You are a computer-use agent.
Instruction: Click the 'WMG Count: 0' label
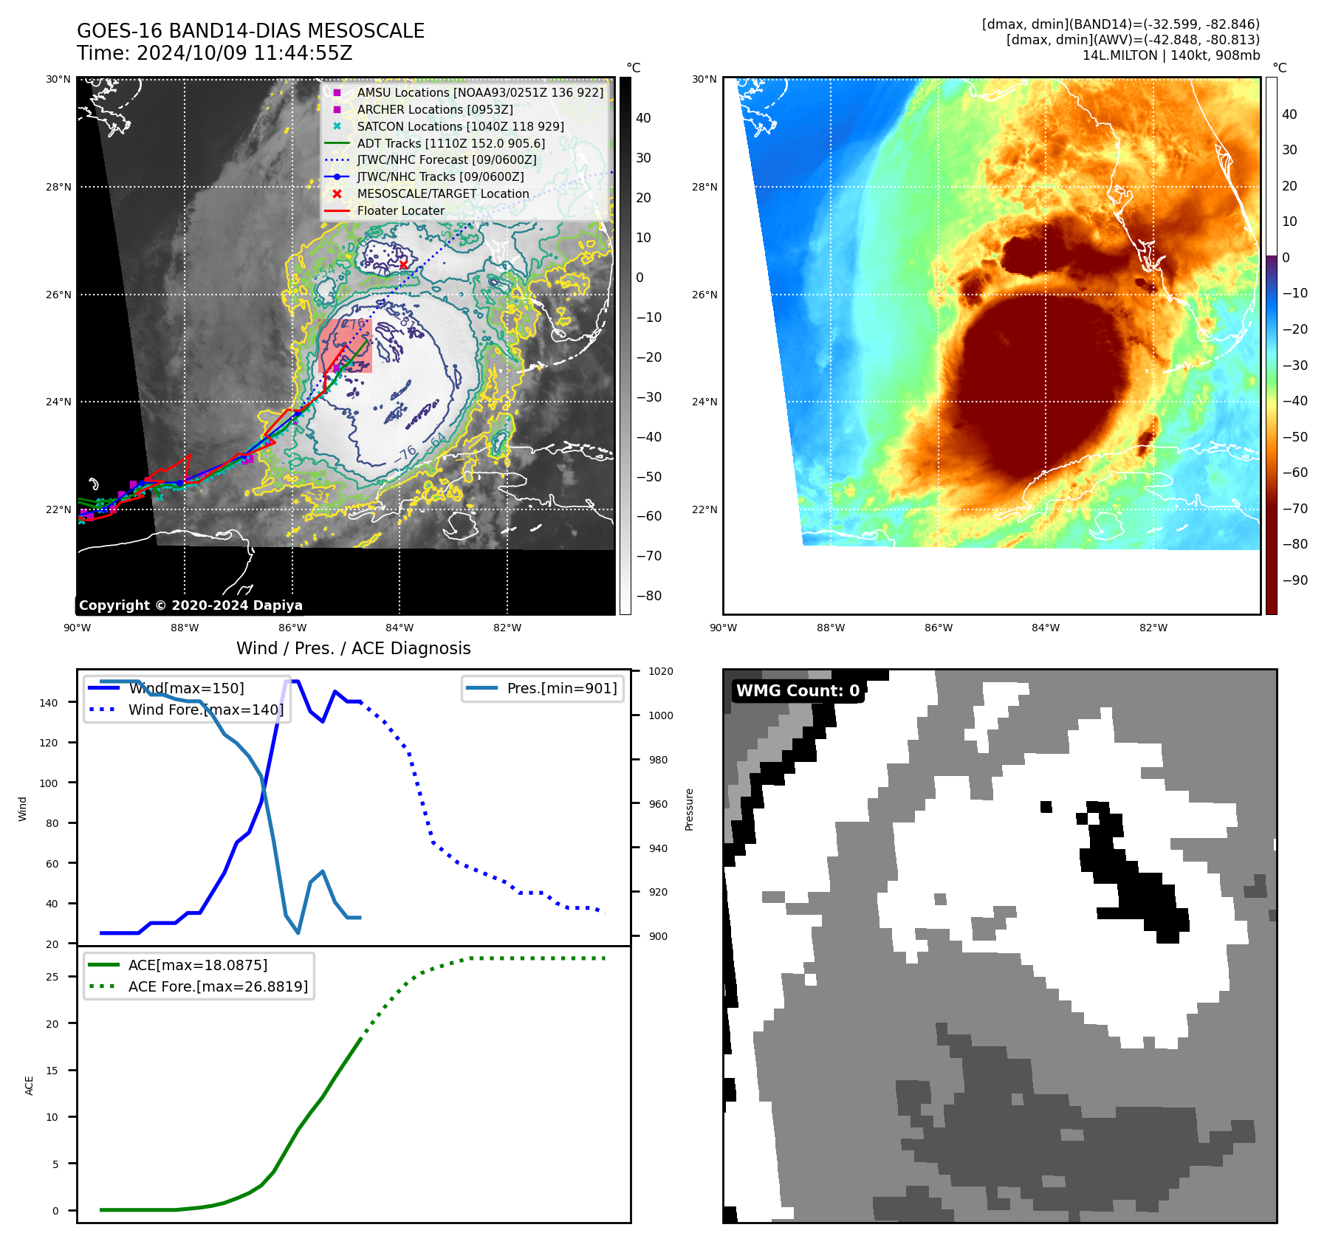click(x=798, y=691)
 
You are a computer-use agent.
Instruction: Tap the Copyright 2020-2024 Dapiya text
click(x=191, y=605)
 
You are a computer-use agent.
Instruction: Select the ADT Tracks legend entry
click(x=450, y=143)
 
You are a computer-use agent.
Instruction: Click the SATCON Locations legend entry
click(x=460, y=126)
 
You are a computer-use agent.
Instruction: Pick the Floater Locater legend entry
click(x=400, y=210)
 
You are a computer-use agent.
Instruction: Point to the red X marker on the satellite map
click(x=403, y=265)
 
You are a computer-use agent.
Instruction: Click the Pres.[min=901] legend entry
click(x=561, y=688)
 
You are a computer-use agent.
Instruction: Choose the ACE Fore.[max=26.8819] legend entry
click(x=218, y=986)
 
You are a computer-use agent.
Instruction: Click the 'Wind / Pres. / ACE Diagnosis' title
click(x=353, y=648)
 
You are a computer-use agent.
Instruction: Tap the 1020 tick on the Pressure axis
click(x=661, y=671)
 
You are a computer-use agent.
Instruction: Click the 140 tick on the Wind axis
click(x=49, y=703)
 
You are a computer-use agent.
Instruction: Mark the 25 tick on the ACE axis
click(x=52, y=977)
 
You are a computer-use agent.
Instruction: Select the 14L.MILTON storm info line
click(x=1170, y=55)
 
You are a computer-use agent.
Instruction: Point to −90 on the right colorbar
click(x=1295, y=580)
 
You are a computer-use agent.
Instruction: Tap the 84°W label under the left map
click(x=400, y=628)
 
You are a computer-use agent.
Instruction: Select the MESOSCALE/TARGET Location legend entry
click(x=443, y=193)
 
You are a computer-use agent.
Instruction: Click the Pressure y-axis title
click(x=690, y=809)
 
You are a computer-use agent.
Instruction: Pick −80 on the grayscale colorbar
click(x=649, y=596)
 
